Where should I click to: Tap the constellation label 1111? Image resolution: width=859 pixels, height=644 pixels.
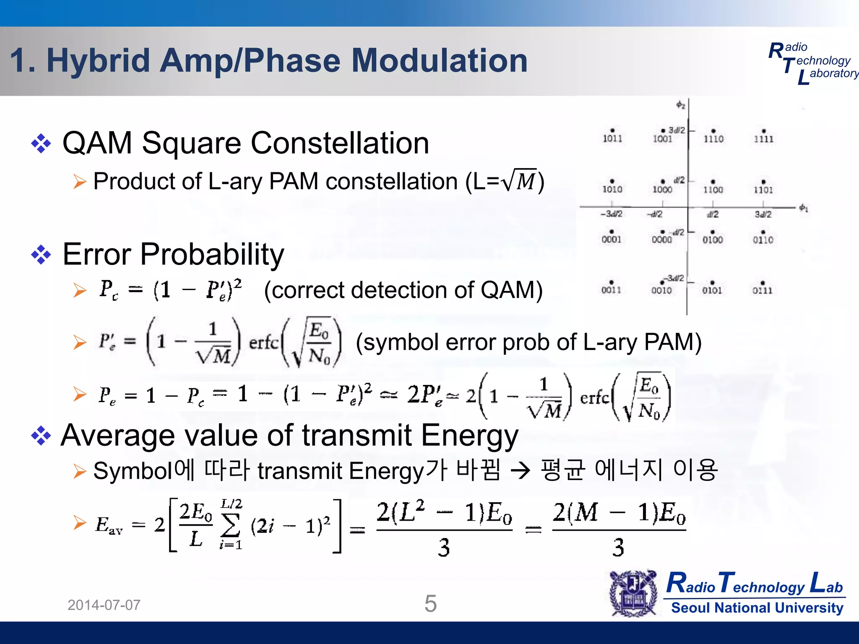click(x=764, y=139)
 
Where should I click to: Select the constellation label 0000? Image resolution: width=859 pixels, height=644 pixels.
click(x=662, y=240)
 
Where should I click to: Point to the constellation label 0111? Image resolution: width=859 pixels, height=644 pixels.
click(x=763, y=290)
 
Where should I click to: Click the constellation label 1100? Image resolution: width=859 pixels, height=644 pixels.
click(x=713, y=190)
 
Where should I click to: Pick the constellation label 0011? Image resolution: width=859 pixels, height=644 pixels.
click(x=612, y=290)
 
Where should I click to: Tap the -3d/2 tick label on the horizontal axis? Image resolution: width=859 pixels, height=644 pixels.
click(x=612, y=214)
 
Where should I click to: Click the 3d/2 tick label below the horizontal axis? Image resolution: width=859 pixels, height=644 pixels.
click(x=763, y=215)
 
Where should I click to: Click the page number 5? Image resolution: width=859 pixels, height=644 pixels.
click(x=431, y=604)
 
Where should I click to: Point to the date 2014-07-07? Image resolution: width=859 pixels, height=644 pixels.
click(x=104, y=605)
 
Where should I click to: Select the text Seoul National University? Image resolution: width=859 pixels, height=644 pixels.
click(x=757, y=608)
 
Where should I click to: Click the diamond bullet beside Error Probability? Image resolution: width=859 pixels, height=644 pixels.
click(x=41, y=254)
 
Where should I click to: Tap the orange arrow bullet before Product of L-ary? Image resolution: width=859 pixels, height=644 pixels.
click(x=79, y=182)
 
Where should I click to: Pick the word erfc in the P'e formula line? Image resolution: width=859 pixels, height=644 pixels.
click(x=264, y=343)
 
